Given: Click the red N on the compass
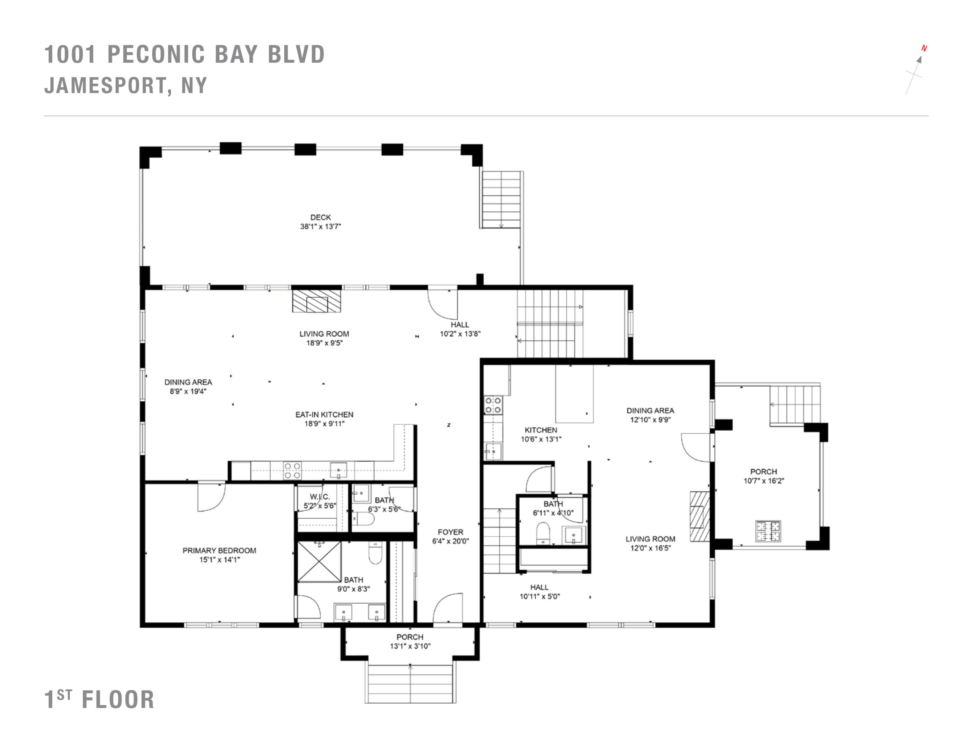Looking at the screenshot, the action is (924, 49).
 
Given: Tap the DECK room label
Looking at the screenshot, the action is (320, 217).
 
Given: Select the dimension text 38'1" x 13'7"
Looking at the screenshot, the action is (320, 226).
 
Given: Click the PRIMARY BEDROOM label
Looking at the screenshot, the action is (219, 550).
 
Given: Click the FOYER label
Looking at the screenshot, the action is (450, 532).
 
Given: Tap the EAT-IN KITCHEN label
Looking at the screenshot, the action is (324, 415).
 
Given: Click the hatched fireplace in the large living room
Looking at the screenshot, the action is (316, 301).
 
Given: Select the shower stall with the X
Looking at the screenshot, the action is (319, 562).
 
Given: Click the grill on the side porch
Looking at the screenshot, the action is (768, 531).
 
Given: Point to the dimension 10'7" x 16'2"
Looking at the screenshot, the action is (764, 481).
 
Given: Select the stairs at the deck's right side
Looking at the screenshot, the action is (501, 200).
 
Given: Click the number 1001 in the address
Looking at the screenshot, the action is (70, 54).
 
